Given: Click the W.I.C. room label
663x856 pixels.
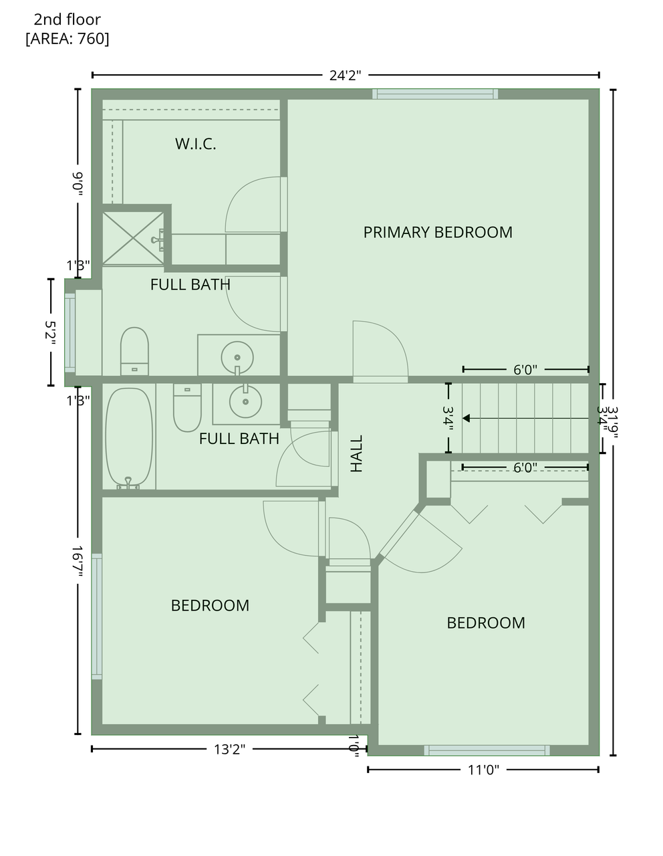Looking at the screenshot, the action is (195, 144).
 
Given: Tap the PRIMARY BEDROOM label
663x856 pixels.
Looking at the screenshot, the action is (437, 233).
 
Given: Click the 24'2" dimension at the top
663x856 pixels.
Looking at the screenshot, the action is (345, 76).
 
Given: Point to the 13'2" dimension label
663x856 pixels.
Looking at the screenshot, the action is (229, 749).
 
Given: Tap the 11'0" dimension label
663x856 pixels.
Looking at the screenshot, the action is (483, 770).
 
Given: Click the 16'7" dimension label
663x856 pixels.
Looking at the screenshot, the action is (77, 561).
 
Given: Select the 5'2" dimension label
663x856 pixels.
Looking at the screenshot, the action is (50, 333).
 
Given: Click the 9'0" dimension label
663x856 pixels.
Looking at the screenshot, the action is (78, 184).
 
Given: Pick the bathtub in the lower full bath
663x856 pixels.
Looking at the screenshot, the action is (129, 437).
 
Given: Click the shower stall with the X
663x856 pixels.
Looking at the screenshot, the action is (133, 238).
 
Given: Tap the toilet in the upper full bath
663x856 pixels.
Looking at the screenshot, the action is (134, 351).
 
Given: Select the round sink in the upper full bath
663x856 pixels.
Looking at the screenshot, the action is (237, 358).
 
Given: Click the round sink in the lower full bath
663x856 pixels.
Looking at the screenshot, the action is (245, 401).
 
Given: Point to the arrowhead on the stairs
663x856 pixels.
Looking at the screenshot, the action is (466, 419).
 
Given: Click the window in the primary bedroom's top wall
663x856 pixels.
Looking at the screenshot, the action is (435, 94).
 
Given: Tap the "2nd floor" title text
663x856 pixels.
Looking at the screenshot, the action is (68, 19).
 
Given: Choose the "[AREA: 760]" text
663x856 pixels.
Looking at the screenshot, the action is (68, 39).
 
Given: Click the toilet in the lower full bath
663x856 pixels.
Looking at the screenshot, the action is (187, 407).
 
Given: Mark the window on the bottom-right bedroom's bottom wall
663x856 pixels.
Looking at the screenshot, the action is (487, 750).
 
